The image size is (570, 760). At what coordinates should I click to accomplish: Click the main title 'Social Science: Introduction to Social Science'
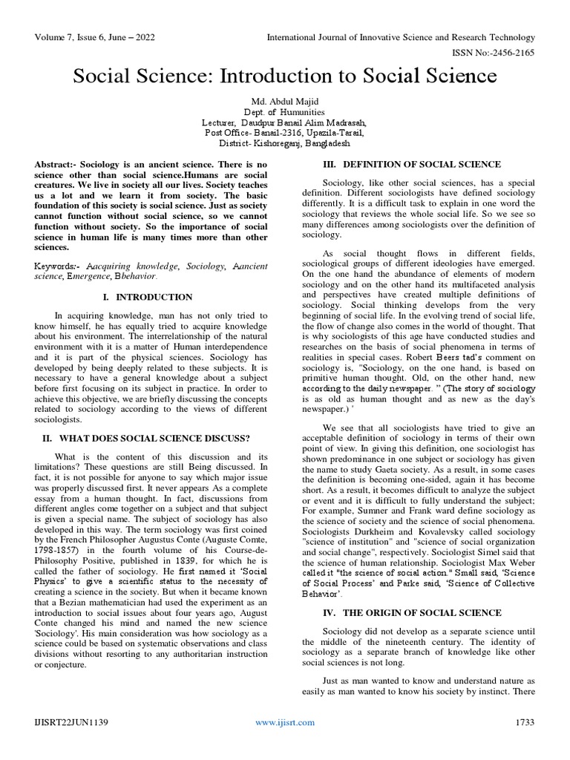(284, 76)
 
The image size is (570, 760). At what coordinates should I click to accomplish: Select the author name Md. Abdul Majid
(284, 100)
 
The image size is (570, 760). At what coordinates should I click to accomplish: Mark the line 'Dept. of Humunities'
(284, 111)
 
